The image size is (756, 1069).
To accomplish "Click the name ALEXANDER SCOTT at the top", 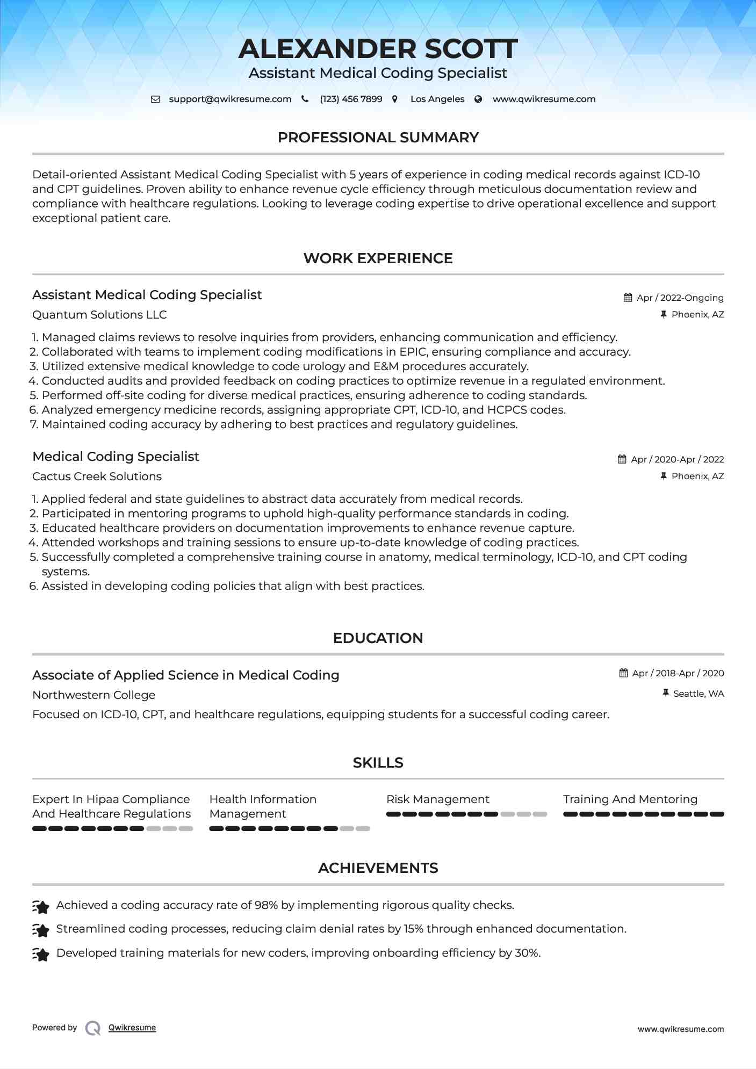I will (378, 49).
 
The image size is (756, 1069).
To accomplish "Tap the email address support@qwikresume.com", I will (230, 99).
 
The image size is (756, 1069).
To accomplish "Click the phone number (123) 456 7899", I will (351, 99).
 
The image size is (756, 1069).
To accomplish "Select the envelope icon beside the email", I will (155, 99).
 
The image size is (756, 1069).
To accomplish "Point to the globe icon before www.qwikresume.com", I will (478, 99).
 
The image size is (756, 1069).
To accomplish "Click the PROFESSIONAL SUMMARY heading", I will (378, 138).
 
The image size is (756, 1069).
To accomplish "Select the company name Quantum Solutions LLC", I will (99, 315).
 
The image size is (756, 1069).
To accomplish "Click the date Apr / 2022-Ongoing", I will (680, 298).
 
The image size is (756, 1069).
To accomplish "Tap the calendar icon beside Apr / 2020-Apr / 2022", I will (622, 459).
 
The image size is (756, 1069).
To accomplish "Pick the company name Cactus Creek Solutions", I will (97, 476).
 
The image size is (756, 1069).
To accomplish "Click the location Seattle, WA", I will (698, 694).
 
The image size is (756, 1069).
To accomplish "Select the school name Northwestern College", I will (93, 695).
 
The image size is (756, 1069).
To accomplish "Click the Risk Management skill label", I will (437, 799).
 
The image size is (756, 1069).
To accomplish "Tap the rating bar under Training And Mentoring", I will (643, 814).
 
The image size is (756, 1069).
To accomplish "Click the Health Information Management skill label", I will (263, 806).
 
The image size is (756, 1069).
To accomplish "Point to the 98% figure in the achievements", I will (266, 905).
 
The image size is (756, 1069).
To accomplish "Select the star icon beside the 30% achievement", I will (41, 954).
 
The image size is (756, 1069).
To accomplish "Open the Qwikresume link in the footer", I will (132, 1028).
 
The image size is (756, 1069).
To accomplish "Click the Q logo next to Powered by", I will (93, 1028).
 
